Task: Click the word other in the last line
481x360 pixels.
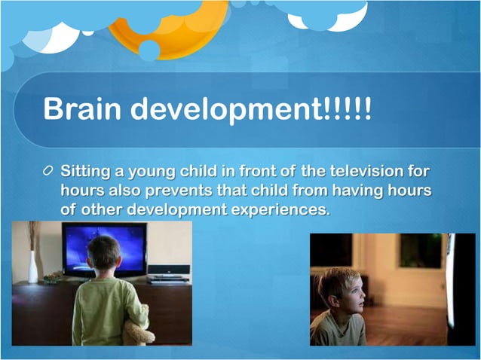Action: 102,209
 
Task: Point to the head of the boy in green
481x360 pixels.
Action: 103,254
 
